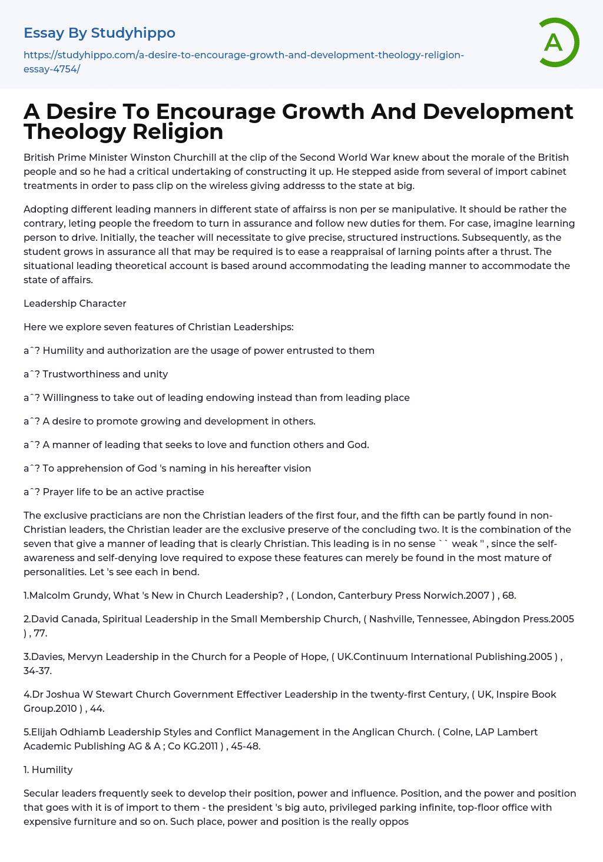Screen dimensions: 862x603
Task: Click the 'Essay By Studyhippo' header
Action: point(100,33)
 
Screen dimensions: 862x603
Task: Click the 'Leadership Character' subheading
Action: point(75,303)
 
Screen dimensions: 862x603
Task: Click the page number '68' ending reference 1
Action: point(509,595)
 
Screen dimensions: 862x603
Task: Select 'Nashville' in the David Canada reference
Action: point(391,619)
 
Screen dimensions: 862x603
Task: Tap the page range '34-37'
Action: point(37,671)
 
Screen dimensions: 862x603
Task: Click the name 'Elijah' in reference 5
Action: point(45,732)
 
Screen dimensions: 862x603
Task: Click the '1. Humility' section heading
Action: point(48,770)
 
